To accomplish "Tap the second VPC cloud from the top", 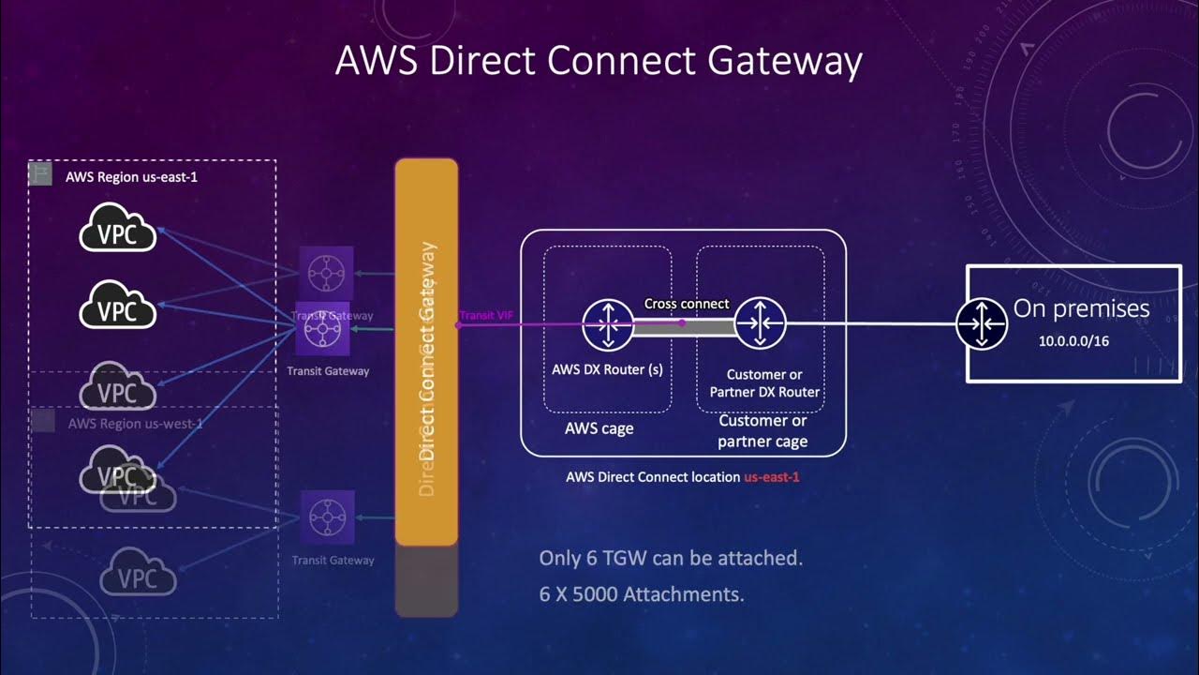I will [117, 306].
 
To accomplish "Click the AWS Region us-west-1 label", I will [135, 424].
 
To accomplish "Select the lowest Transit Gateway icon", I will [327, 517].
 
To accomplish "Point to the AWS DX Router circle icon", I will [607, 324].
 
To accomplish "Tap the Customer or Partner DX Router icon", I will [759, 324].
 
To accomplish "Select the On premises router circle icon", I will [981, 324].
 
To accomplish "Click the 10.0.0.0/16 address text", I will [1073, 341].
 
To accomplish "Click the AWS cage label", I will [599, 428].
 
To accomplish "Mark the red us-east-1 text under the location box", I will [771, 476].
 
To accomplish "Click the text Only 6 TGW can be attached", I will [671, 559].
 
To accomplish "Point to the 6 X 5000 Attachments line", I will [642, 594].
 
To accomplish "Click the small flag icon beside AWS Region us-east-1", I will [40, 174].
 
